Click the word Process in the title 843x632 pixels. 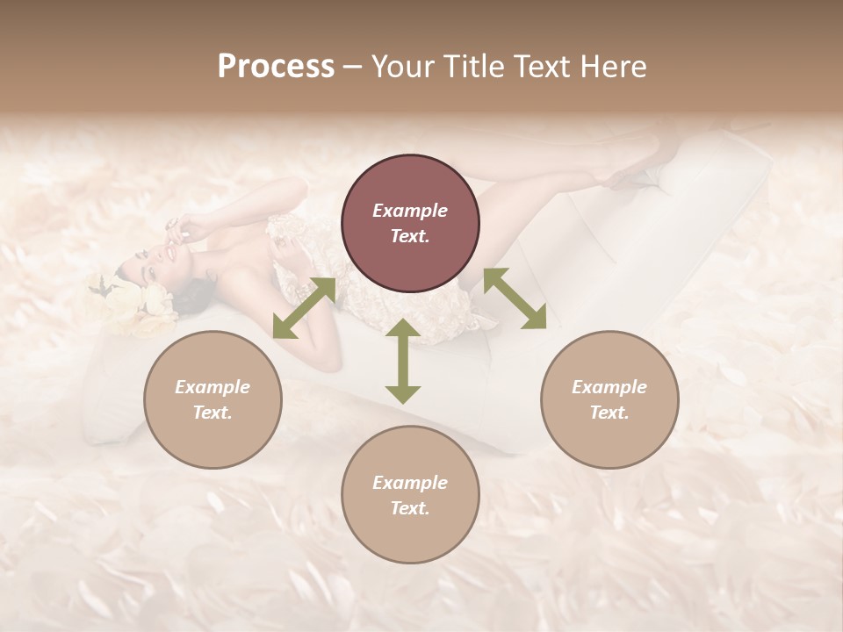click(x=276, y=66)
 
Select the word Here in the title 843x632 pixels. click(x=614, y=66)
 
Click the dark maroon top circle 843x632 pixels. click(x=410, y=224)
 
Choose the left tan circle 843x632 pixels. click(x=213, y=399)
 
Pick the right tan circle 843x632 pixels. click(x=609, y=399)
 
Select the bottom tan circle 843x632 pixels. click(x=410, y=495)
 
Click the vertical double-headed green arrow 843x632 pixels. click(x=403, y=361)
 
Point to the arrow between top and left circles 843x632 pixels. click(x=305, y=307)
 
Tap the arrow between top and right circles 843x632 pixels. click(x=515, y=298)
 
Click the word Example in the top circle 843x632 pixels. click(x=410, y=211)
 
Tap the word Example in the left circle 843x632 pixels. click(x=213, y=387)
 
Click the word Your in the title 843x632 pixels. click(x=403, y=66)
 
